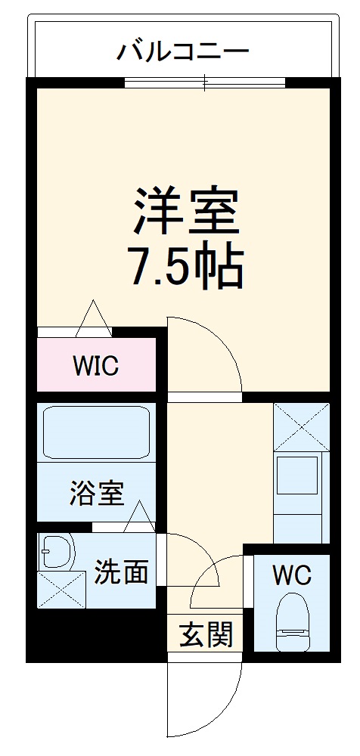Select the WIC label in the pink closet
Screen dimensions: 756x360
(x=95, y=366)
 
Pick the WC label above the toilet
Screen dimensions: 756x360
(x=291, y=576)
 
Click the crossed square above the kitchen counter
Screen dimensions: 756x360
(x=301, y=427)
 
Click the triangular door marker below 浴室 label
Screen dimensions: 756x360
(x=139, y=516)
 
